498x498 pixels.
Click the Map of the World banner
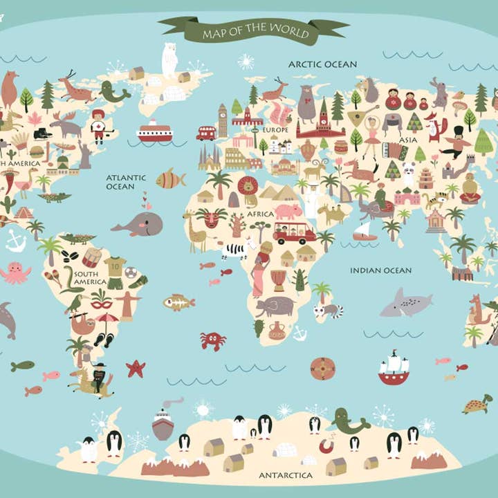click(x=253, y=31)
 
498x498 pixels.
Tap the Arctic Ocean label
click(x=322, y=64)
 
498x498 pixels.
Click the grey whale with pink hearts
click(x=139, y=224)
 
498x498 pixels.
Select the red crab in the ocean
click(x=212, y=340)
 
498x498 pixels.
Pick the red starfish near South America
click(x=136, y=368)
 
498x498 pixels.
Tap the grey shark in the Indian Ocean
click(x=405, y=303)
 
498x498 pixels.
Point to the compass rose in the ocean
click(x=322, y=369)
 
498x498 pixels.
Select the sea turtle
click(x=478, y=404)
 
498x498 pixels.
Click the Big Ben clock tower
click(x=222, y=120)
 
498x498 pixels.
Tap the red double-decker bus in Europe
click(x=206, y=132)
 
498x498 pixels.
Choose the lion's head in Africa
click(x=248, y=185)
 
